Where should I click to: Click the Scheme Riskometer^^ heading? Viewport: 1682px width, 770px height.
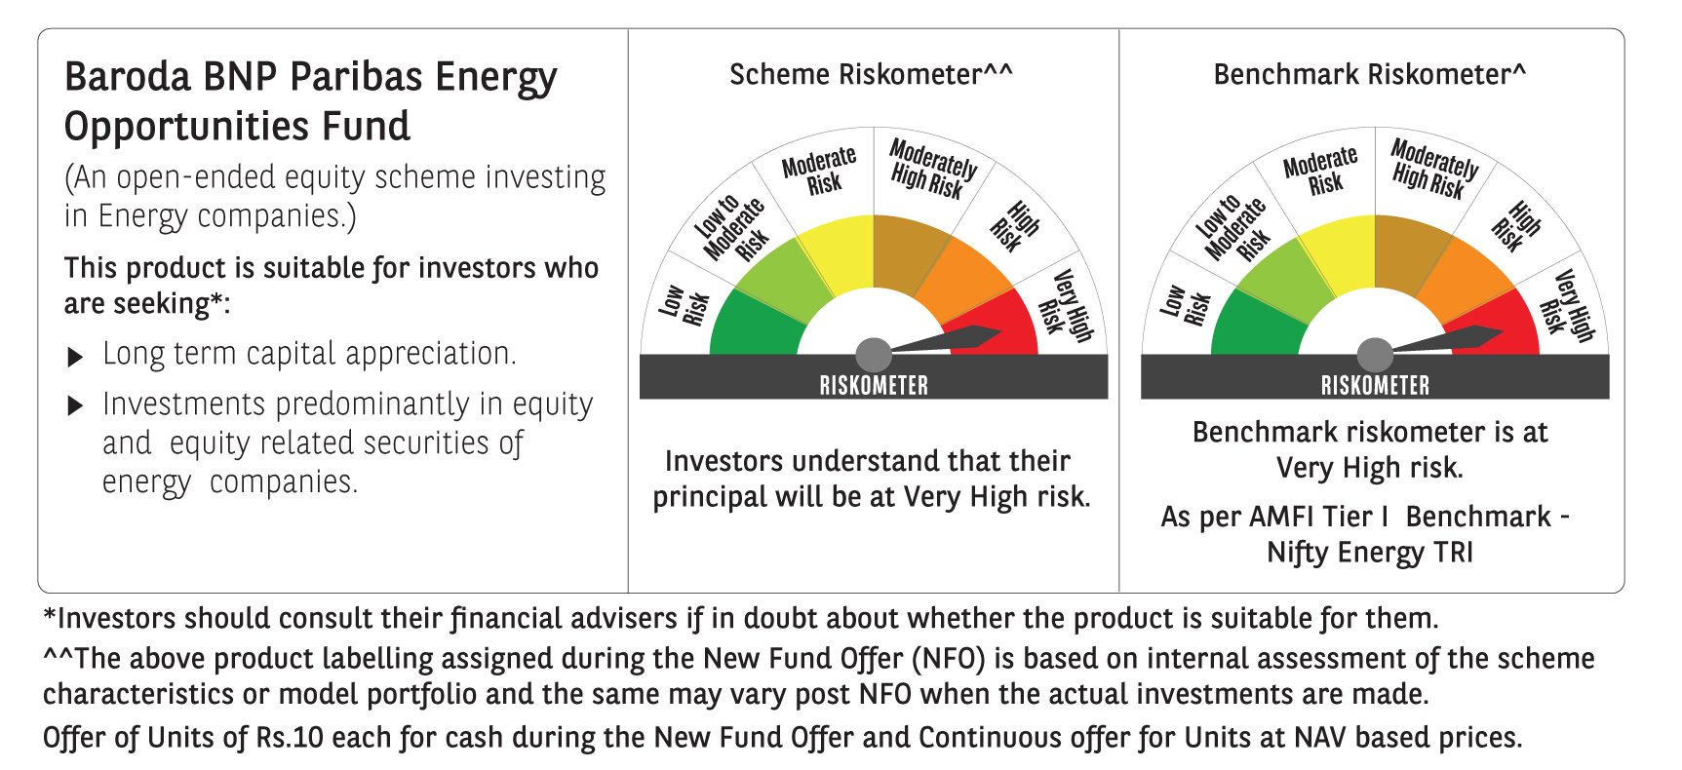tap(871, 74)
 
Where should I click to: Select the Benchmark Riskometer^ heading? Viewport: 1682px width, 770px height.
tap(1369, 74)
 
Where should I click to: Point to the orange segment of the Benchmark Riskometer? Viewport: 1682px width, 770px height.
tap(1467, 278)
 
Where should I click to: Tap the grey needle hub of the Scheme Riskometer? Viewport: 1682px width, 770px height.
tap(874, 355)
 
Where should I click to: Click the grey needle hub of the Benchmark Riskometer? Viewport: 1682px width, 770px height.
tap(1375, 355)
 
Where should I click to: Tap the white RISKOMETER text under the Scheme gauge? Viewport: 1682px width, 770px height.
tap(874, 385)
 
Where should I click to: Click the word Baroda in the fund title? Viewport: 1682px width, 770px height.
tap(128, 76)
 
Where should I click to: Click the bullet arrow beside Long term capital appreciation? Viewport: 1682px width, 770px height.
tap(75, 357)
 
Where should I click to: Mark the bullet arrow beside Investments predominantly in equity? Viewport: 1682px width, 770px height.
tap(75, 406)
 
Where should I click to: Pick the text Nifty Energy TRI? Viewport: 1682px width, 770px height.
tap(1370, 553)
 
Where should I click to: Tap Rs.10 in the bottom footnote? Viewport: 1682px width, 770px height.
tap(290, 738)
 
